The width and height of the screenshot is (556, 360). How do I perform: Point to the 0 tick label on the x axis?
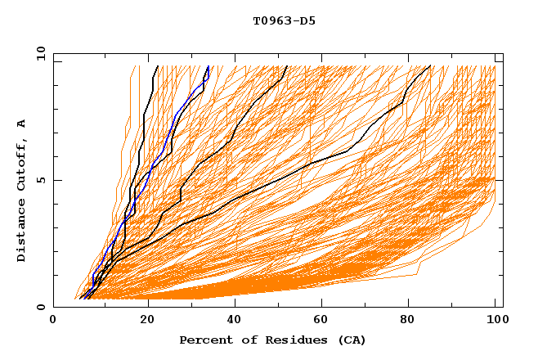coord(53,322)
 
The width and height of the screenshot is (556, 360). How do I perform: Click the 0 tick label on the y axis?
coord(41,307)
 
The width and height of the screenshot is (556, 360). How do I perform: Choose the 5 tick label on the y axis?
coord(41,180)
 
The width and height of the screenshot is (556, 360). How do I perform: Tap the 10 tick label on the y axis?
coord(38,52)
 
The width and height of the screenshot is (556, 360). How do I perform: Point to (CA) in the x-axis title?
coord(350,340)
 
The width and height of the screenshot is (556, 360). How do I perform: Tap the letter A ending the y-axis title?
coord(22,124)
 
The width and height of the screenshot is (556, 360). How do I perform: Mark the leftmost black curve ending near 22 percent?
coord(144,123)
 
